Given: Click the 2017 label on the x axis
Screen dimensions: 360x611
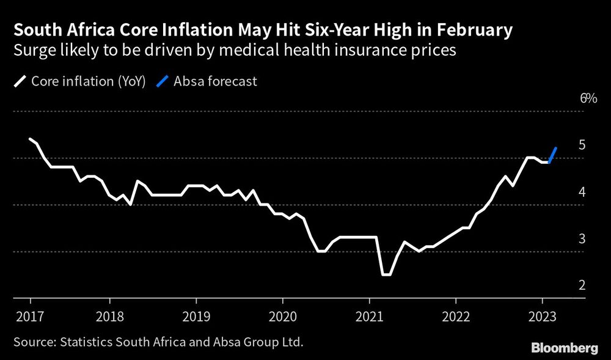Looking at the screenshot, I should tap(30, 317).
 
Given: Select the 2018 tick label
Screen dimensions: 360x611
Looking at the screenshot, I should tap(109, 317).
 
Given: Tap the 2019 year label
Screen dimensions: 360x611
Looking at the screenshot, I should tap(196, 317).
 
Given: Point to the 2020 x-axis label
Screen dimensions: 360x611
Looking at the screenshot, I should tap(282, 317).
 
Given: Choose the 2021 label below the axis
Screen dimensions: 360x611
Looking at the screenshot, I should tap(369, 317).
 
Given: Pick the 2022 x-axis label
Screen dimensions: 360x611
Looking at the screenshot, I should tap(456, 317).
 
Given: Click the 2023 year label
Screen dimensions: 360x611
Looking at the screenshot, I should tap(542, 317).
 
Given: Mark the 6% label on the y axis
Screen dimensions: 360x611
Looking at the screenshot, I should tap(588, 98).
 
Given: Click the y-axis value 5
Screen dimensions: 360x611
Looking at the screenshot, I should tap(582, 145).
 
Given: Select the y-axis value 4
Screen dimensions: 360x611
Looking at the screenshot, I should tap(582, 192).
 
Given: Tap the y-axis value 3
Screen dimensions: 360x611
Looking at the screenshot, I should tap(582, 238).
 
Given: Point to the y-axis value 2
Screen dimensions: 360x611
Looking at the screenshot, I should tap(582, 285).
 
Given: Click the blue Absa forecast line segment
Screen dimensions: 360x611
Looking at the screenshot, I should tap(553, 155).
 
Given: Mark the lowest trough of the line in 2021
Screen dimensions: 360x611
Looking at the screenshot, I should tap(386, 274).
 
